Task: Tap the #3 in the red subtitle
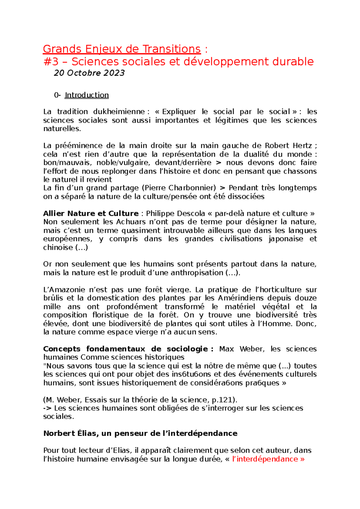point(51,62)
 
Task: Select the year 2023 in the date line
point(114,73)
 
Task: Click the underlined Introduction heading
point(87,95)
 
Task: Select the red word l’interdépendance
point(265,459)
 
